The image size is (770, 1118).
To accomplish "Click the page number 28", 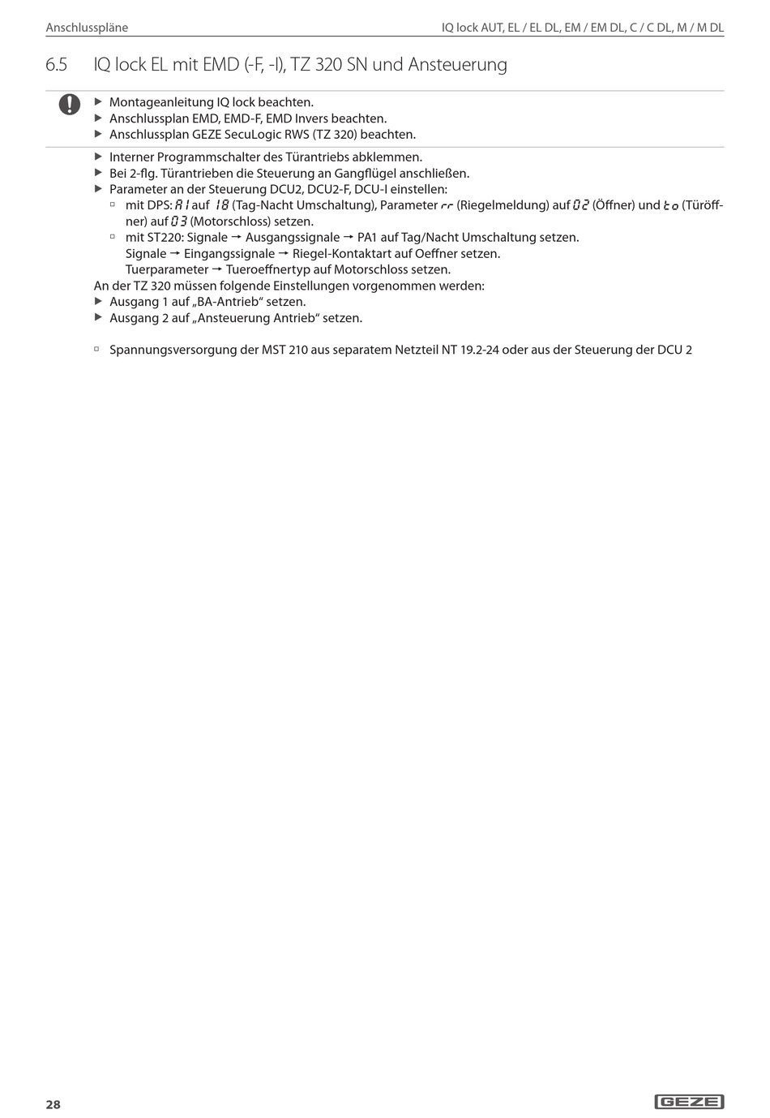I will point(53,1104).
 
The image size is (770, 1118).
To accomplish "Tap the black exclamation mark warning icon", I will point(69,105).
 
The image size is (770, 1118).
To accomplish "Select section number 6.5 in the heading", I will point(57,64).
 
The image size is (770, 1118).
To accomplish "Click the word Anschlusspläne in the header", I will point(87,28).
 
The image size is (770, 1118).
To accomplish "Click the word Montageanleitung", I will point(160,102).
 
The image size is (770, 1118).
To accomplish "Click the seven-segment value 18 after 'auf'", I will point(221,205).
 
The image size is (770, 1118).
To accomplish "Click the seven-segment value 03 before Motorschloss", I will point(179,221).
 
